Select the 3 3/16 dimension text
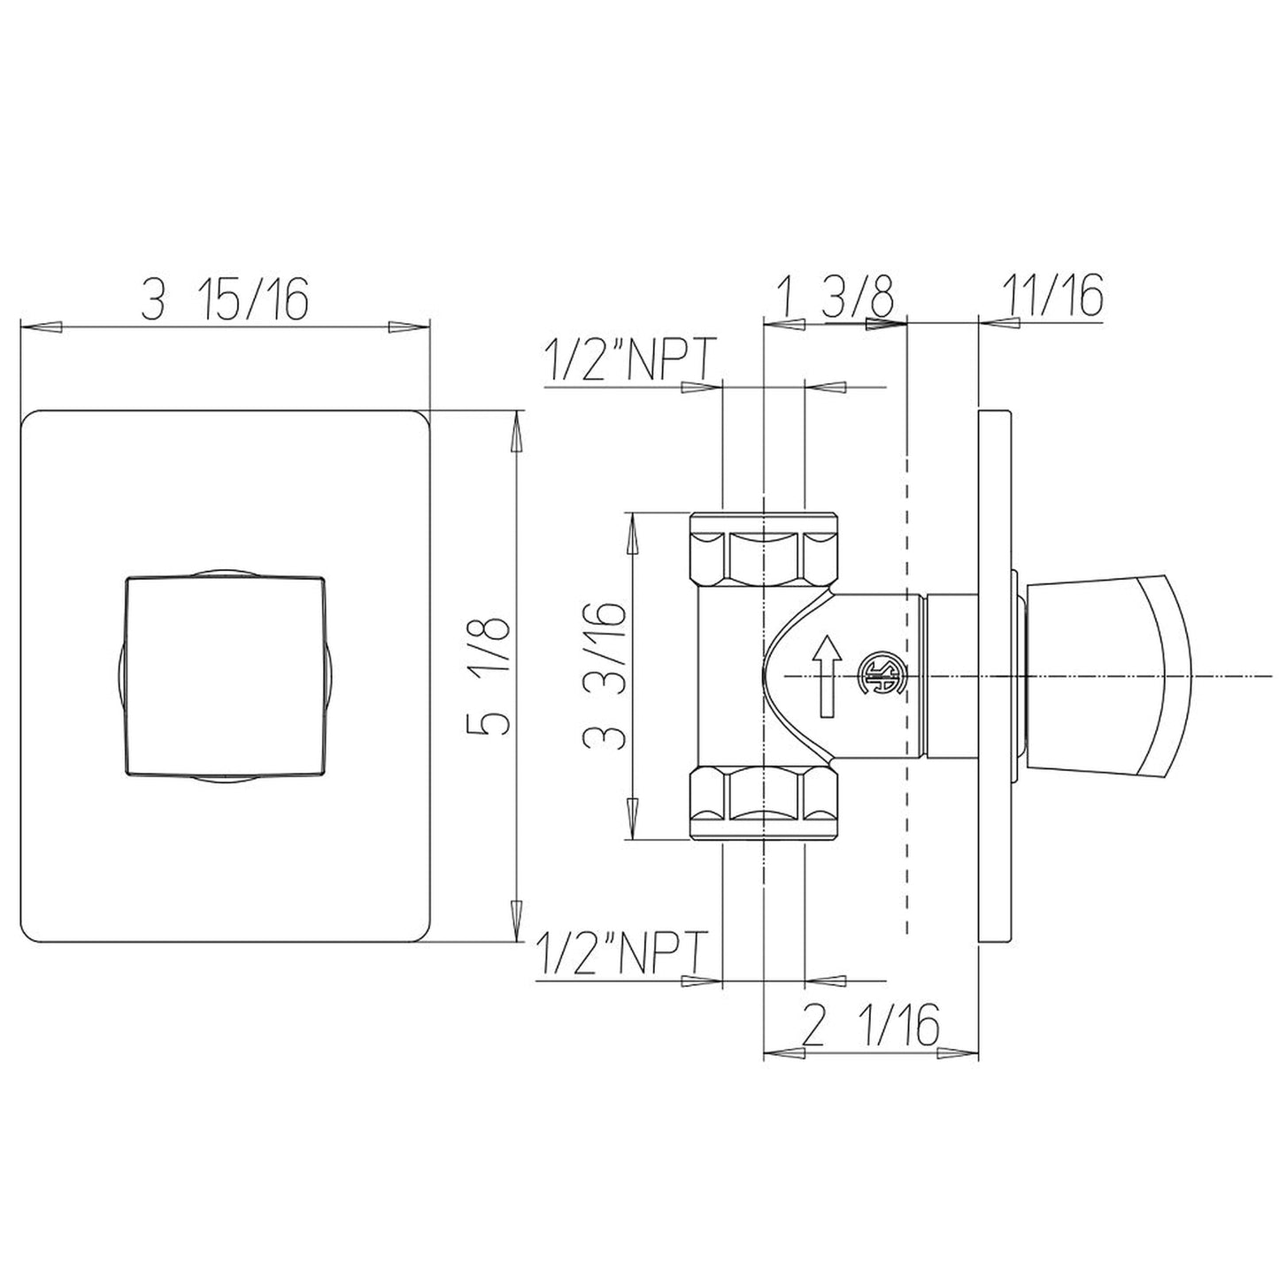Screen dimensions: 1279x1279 [x=603, y=675]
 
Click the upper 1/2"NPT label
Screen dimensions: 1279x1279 [x=631, y=359]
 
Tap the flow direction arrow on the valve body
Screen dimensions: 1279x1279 [x=827, y=675]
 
